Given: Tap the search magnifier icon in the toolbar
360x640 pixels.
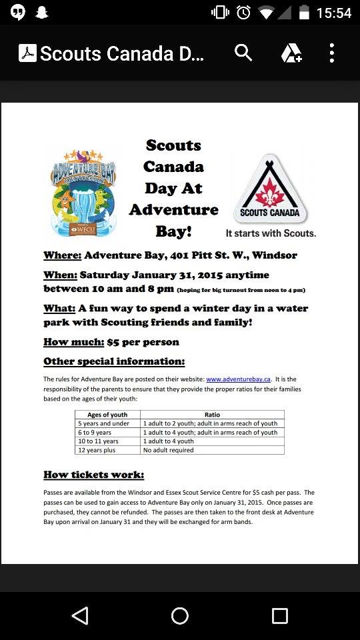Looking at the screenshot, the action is coord(243,53).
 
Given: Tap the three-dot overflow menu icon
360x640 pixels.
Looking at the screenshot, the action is coord(331,53).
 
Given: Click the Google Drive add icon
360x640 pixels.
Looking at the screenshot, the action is coord(291,53).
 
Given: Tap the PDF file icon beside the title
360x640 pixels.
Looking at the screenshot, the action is coord(27,53).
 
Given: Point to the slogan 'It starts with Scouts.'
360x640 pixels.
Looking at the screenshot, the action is coord(271,233).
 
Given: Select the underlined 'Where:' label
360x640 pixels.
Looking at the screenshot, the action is coord(62,255).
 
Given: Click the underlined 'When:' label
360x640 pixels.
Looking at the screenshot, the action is coord(61,275).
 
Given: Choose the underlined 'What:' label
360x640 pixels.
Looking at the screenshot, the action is coord(59,309).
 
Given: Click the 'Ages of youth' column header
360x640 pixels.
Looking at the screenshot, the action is coord(107,415).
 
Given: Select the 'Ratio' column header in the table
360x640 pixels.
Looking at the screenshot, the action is coord(212,415).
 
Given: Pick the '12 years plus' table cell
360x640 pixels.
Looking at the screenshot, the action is coord(97,450).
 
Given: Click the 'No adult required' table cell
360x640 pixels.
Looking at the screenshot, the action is coord(168,450).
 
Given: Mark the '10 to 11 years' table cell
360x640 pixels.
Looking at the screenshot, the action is coord(99,441).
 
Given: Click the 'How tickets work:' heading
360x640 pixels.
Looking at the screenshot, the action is coord(93,475).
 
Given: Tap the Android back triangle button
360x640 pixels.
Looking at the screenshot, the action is coord(80,615).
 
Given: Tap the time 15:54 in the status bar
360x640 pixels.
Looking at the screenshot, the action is coord(334,13).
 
